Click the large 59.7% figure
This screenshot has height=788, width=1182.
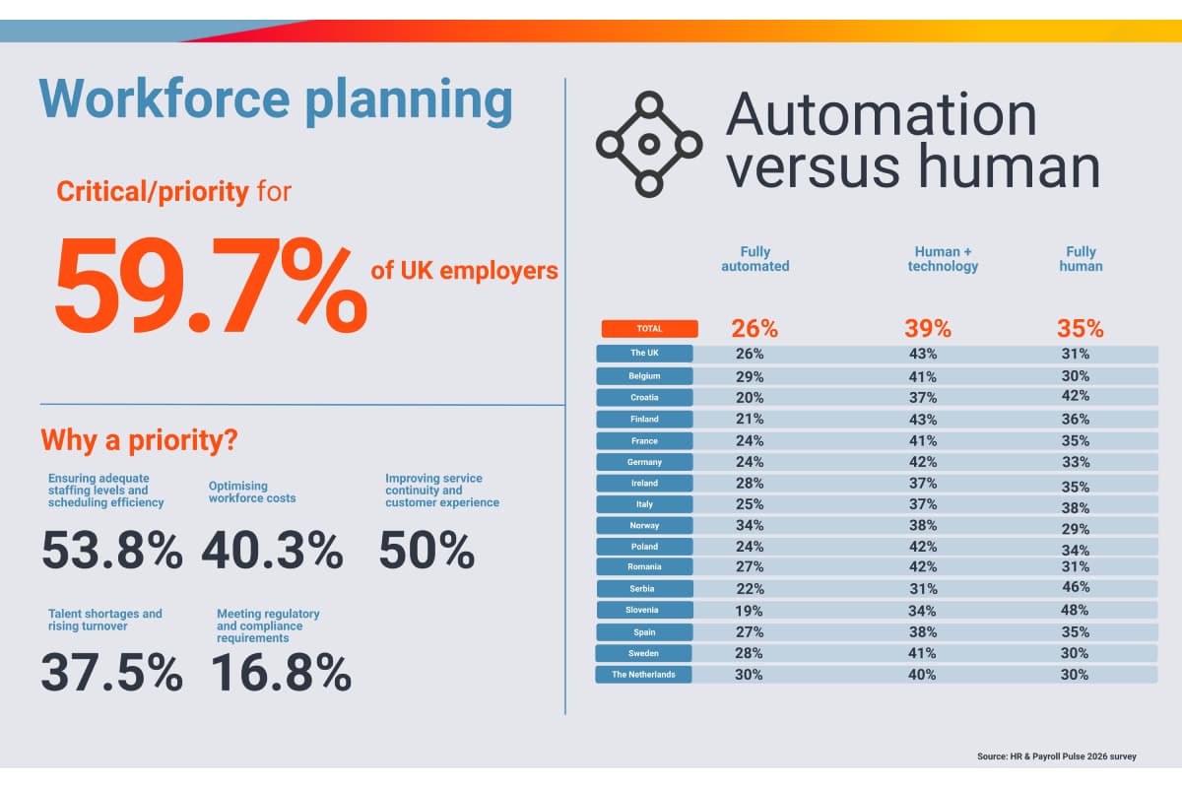coord(210,286)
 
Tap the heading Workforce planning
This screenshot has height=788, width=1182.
coord(276,100)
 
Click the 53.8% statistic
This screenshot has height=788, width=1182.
coord(111,550)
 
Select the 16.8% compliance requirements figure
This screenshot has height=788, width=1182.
coord(282,673)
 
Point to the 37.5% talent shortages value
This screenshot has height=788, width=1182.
coord(111,673)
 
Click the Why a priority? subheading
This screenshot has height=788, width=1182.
coord(139,439)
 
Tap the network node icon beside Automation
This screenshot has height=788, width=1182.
coord(648,144)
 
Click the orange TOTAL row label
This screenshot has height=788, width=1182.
coord(649,329)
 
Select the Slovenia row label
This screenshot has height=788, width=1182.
coord(644,611)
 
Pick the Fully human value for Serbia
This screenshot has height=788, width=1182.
coord(1076,587)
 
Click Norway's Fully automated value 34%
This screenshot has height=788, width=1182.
coord(750,525)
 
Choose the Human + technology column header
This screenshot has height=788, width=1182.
coord(943,259)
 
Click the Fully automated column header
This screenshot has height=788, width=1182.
coord(755,259)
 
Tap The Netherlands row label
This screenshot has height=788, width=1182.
coord(644,675)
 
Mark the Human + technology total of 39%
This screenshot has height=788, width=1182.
coord(928,328)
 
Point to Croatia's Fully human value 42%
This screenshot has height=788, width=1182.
coord(1076,396)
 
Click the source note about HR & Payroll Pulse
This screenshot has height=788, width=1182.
coord(1057,756)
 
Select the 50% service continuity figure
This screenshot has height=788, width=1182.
coord(427,550)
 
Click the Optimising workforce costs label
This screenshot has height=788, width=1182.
coord(252,492)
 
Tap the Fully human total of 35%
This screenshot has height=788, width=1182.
coord(1080,328)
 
